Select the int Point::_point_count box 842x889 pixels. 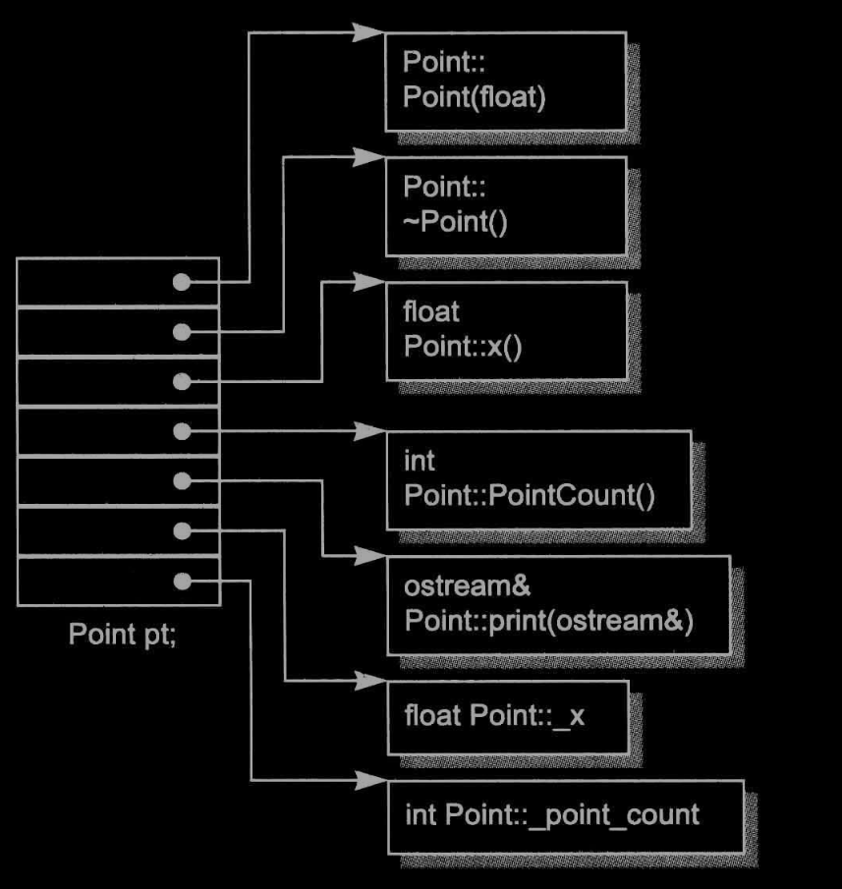pyautogui.click(x=565, y=815)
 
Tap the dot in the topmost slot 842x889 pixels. pyautogui.click(x=181, y=282)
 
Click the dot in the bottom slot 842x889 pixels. pyautogui.click(x=181, y=581)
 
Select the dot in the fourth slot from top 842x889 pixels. pyautogui.click(x=181, y=431)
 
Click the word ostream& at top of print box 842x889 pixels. pyautogui.click(x=453, y=586)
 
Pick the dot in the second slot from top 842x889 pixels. pyautogui.click(x=181, y=332)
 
